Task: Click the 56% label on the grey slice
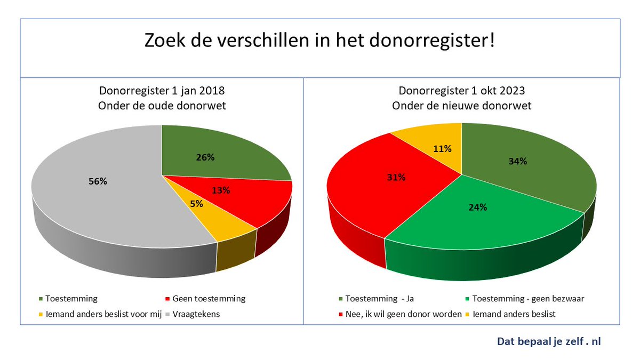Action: tap(98, 181)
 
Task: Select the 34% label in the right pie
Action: tap(517, 161)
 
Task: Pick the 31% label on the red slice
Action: tap(395, 178)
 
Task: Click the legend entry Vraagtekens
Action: tap(198, 314)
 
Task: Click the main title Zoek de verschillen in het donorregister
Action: tap(320, 42)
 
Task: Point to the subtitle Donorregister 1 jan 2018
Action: tap(162, 91)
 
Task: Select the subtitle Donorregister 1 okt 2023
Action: tap(461, 91)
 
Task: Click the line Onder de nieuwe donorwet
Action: tap(461, 106)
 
